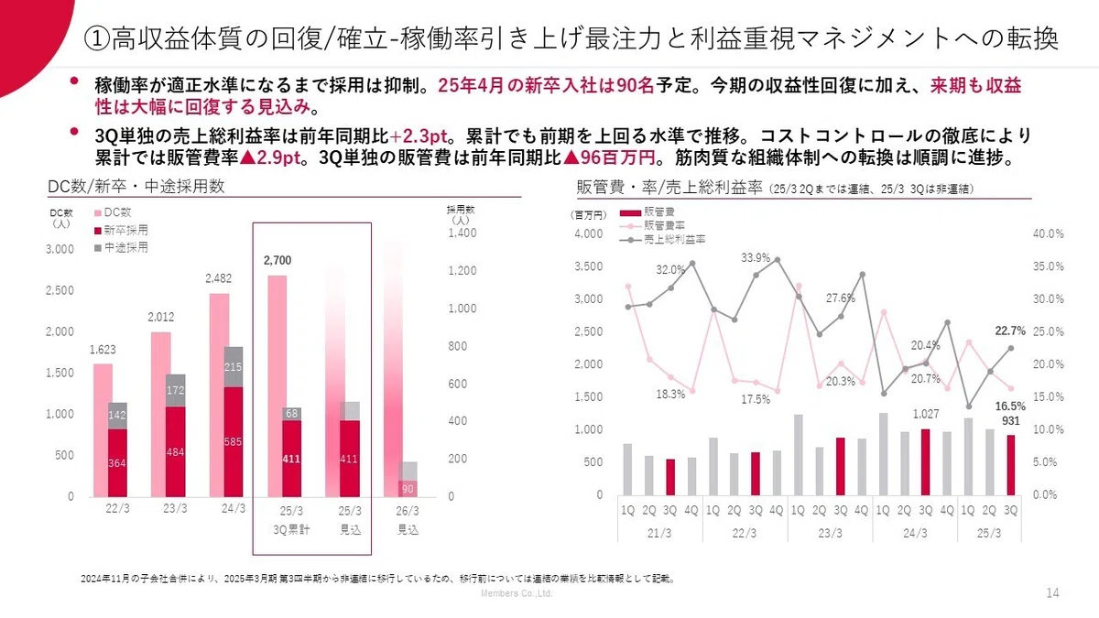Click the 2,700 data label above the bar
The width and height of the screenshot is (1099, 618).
pos(277,260)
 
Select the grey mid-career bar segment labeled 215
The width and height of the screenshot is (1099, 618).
pos(233,367)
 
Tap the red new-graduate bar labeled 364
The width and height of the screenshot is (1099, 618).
pos(117,463)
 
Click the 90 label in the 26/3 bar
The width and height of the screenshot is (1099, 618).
pos(408,489)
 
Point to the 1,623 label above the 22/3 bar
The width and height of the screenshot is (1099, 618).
pos(103,350)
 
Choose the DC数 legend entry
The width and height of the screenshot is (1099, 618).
pos(113,212)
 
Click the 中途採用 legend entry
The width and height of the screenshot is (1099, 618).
pos(121,248)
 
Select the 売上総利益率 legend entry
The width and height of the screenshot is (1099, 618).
pos(663,240)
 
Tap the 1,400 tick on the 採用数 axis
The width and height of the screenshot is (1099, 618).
pos(462,233)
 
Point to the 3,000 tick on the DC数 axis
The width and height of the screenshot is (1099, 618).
pos(60,249)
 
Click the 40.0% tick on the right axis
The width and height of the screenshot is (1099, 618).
pos(1048,233)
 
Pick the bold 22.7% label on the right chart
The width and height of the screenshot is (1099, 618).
pos(1010,331)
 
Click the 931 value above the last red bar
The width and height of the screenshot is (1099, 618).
pos(1011,421)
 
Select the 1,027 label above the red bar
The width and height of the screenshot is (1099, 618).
pos(926,414)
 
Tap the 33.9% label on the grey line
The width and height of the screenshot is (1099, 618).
pos(756,257)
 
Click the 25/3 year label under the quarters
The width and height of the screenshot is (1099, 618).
pos(989,533)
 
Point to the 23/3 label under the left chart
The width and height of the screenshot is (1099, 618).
pos(175,509)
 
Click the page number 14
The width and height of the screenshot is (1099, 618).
pos(1052,593)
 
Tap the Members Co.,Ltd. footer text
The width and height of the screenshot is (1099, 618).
pos(517,593)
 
